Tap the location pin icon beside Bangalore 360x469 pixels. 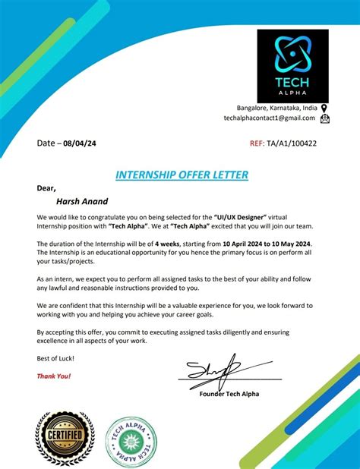(324, 109)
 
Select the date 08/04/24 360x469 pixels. (81, 143)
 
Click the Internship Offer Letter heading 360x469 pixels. (182, 175)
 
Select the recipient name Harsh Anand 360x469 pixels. (83, 203)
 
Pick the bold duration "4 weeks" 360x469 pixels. (166, 242)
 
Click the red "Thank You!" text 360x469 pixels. (54, 376)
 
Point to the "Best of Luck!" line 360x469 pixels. (55, 357)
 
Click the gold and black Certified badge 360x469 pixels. (65, 439)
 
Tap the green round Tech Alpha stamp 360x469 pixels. (131, 440)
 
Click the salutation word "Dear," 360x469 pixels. (46, 188)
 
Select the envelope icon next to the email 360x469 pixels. (324, 118)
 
